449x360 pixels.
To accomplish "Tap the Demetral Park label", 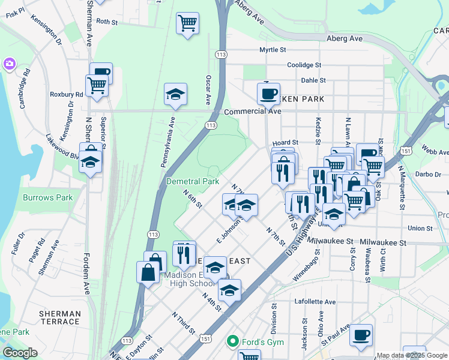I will click(192, 181).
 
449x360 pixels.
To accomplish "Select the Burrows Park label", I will click(47, 197).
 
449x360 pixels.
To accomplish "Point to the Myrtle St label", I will click(273, 50).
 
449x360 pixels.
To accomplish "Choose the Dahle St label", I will click(313, 80).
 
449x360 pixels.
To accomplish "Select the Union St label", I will click(420, 228).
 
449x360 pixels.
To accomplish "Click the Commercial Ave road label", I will click(252, 112).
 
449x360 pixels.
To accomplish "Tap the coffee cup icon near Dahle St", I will click(268, 93).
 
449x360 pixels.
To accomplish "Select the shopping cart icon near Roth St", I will click(187, 24).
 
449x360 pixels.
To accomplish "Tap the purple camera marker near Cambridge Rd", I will click(9, 63).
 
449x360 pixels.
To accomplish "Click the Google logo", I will click(20, 353).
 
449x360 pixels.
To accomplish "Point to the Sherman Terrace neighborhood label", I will click(59, 318).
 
